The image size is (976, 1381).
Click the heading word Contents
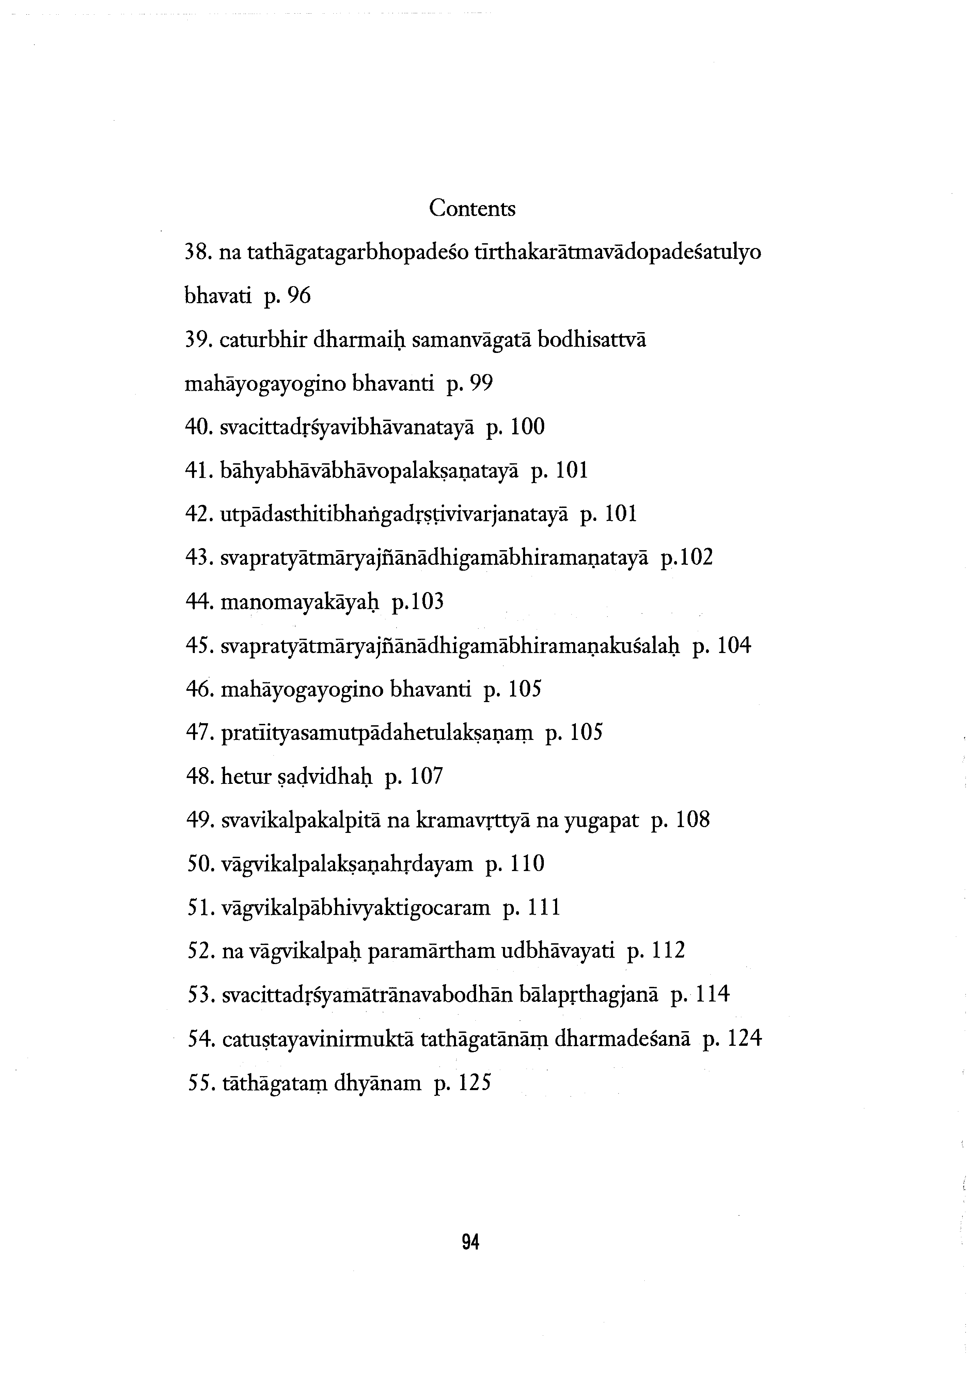point(472,209)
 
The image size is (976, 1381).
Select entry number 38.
point(196,253)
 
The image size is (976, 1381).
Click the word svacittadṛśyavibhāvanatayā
point(348,428)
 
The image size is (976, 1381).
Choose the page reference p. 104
point(722,646)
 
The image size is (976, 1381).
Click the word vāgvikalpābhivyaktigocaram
point(356,907)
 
